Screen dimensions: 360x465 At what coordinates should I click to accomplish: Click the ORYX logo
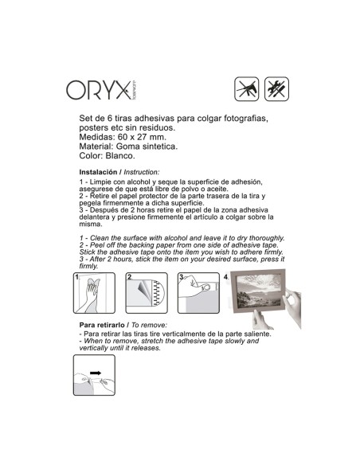coord(102,90)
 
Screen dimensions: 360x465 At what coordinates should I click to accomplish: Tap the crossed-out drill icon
coord(246,89)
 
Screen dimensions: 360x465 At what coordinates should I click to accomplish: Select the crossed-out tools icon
coord(276,89)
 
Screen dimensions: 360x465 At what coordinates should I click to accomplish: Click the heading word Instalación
coord(98,172)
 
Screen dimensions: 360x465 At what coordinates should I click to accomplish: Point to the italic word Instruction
coord(142,172)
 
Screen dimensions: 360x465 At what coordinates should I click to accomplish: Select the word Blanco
coord(120,156)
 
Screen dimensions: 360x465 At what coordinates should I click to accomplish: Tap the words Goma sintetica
coord(147,147)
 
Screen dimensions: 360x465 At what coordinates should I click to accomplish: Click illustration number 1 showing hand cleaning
coord(94,293)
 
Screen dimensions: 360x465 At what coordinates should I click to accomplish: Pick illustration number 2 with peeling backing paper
coord(147,293)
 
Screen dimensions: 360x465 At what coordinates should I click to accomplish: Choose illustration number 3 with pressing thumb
coord(198,293)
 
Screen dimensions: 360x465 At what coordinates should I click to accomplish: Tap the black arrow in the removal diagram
coord(96,373)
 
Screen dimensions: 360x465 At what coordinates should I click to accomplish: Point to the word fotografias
coord(246,119)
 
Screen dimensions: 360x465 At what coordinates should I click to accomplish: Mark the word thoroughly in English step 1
coord(267,238)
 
